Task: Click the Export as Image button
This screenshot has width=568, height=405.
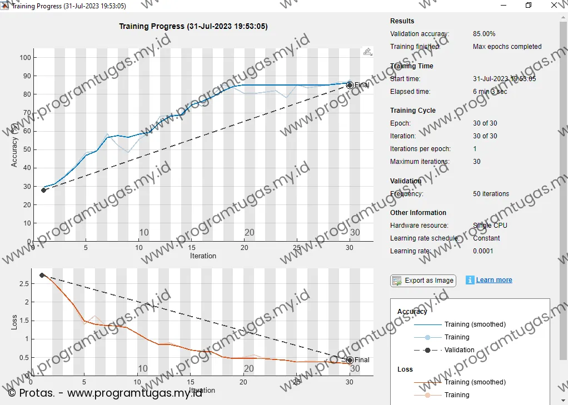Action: (423, 281)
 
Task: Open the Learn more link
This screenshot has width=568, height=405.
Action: (494, 280)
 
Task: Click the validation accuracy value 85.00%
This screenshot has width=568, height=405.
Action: (484, 34)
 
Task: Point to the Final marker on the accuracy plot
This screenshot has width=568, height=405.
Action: (350, 85)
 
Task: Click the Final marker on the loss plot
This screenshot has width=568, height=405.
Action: (350, 360)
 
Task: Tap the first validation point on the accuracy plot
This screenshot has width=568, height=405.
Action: (44, 190)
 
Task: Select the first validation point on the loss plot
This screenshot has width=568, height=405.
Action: (42, 275)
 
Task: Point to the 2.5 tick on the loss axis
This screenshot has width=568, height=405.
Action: (24, 284)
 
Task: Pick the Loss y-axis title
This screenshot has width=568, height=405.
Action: (15, 322)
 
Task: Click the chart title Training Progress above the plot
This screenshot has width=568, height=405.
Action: (193, 26)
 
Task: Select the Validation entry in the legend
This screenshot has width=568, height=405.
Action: (459, 350)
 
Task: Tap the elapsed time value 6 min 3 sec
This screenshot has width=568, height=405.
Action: (490, 92)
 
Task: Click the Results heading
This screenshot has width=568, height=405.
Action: (402, 21)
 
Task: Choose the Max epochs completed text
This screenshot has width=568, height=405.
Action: (507, 47)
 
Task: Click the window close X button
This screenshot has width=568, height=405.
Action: (554, 6)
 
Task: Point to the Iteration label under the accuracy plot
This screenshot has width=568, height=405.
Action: (203, 256)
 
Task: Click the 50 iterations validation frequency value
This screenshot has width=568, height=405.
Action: (491, 194)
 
